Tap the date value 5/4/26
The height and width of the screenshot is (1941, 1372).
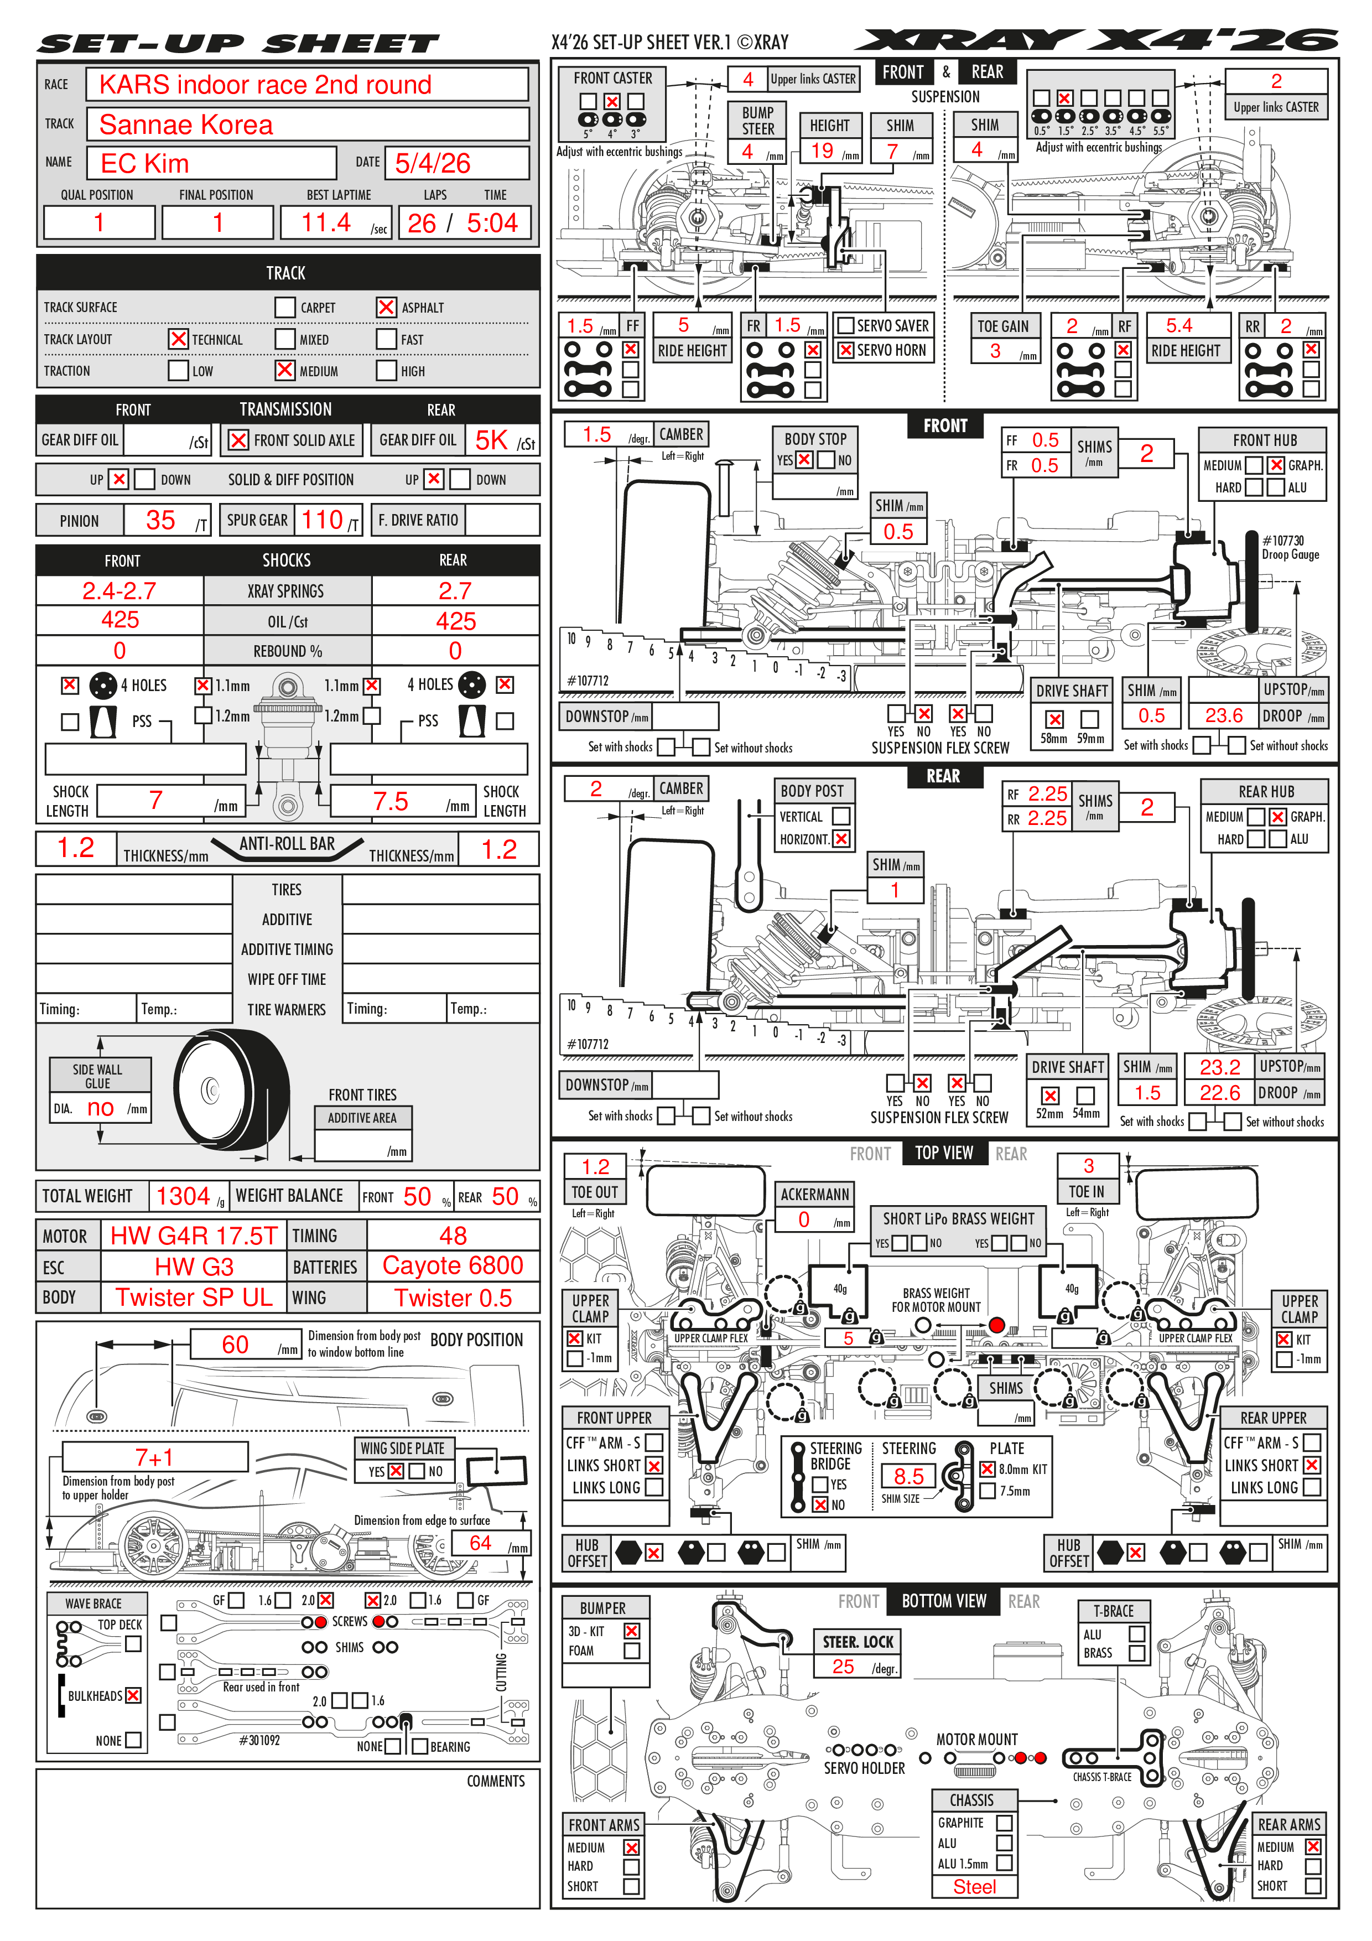tap(432, 163)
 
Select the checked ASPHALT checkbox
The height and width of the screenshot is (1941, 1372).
tap(386, 308)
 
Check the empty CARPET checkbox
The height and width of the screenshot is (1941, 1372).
tap(285, 308)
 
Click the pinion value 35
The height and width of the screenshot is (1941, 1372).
tap(160, 520)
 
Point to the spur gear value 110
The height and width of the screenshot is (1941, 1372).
tap(322, 520)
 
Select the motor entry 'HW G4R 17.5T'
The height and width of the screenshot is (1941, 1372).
tap(194, 1236)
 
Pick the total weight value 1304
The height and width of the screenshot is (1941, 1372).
tap(183, 1196)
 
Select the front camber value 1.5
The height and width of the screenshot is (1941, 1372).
tap(597, 434)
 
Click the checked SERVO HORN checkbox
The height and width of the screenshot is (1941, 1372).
tap(845, 350)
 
